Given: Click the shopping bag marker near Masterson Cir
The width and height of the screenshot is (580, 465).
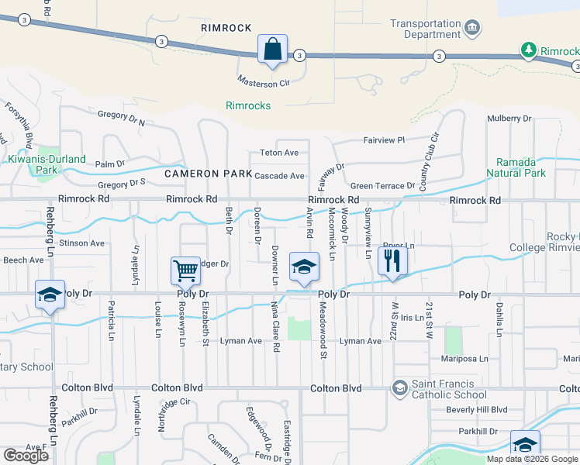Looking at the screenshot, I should pos(272,49).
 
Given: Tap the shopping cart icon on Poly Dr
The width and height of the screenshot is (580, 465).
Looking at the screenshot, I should pos(186,271).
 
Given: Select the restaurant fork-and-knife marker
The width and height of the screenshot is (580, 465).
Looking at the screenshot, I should pos(392,261).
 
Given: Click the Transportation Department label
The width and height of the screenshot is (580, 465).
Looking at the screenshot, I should pos(426,29).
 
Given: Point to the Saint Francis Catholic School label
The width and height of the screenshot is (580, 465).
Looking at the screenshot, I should pos(443,388).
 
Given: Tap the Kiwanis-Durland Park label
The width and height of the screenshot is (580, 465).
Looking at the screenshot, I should pos(43,164).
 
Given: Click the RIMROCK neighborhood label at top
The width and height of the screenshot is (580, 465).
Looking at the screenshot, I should pos(226,28).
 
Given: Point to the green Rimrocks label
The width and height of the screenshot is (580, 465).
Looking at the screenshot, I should pos(248,105).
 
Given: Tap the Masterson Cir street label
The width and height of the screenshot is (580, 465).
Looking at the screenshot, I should pos(263,81).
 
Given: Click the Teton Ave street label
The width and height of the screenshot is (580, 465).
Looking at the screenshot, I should pos(279,153).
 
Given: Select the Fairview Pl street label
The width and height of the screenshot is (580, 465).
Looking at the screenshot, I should pos(385,140).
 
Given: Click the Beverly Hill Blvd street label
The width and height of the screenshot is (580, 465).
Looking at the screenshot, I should pos(476,409).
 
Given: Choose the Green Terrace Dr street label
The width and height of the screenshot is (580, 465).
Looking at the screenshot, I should pos(382,186).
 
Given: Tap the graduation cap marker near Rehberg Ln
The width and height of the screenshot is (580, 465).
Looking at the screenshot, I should pos(50,296).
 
